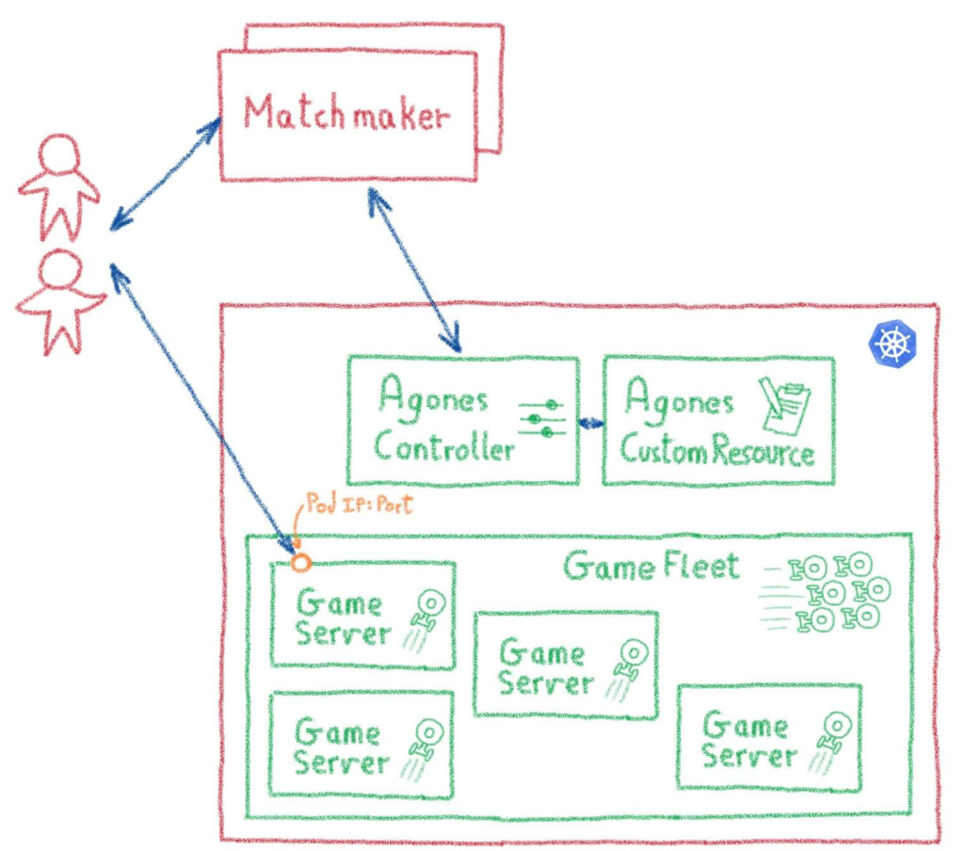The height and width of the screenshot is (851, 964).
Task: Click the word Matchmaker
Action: point(346,115)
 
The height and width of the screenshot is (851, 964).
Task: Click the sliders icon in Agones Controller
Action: point(541,418)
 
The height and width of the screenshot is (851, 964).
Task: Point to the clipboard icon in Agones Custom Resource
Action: point(785,407)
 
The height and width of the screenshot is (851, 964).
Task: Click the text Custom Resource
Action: point(716,453)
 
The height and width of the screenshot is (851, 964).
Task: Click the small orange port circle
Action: point(300,563)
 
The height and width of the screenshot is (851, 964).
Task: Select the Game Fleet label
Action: point(651,567)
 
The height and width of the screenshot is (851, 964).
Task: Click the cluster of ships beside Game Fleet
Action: point(828,591)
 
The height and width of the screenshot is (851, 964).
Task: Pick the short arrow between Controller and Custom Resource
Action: point(591,424)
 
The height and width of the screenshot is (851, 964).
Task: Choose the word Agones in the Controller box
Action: point(432,400)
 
